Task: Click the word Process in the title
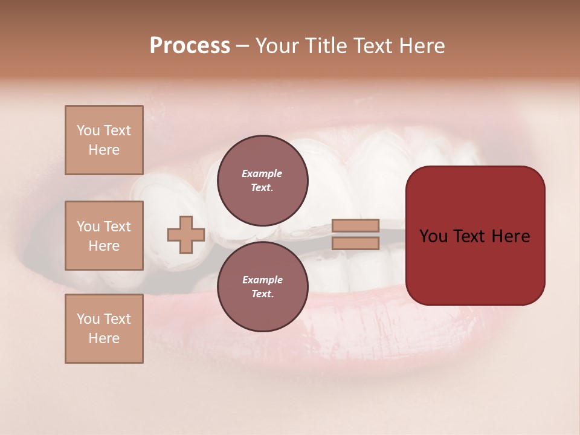190,46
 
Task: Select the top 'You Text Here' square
104,140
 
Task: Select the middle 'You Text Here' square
104,236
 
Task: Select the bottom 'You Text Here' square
104,329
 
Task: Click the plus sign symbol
186,235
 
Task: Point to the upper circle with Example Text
262,181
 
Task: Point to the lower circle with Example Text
262,287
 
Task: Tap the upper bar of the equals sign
355,226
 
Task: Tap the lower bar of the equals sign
355,243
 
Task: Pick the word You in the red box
433,236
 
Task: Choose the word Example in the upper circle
262,173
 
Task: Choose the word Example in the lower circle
262,280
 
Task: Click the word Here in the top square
104,150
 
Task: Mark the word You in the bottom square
88,319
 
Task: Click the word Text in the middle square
117,227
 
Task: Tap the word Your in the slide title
278,46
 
